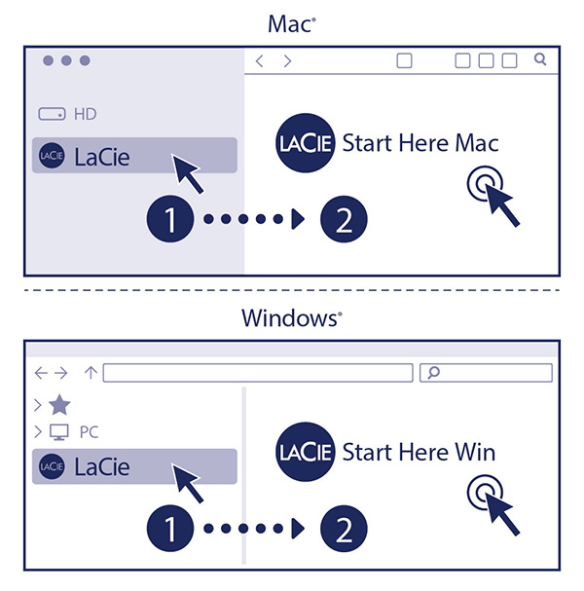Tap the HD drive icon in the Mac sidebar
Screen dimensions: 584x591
52,114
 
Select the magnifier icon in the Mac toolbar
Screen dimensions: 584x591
540,59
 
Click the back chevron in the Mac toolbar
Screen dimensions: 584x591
259,61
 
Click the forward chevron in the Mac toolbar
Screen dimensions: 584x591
287,61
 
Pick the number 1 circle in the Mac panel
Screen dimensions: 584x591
170,219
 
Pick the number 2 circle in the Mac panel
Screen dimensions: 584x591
344,219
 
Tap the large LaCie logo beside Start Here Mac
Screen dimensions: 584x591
306,143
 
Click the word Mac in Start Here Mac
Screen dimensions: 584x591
477,143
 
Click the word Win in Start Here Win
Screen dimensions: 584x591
475,452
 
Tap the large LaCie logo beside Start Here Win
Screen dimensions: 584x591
306,452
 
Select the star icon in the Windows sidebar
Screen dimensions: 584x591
59,405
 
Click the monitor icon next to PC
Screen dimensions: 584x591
59,432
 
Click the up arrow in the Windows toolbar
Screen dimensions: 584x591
91,372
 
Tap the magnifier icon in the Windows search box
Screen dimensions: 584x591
434,372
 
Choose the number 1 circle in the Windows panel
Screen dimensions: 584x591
170,529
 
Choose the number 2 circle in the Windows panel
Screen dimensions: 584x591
344,529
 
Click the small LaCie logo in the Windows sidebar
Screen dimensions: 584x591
52,466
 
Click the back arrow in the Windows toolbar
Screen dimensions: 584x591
41,373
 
